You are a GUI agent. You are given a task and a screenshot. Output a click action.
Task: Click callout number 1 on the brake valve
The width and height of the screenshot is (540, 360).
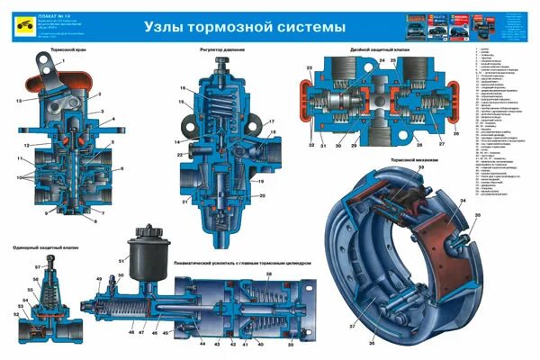click(x=62, y=58)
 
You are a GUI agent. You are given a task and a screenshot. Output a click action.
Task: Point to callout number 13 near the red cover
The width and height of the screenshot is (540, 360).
click(x=17, y=101)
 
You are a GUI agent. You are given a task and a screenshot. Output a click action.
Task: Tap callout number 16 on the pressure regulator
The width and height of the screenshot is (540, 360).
click(x=181, y=88)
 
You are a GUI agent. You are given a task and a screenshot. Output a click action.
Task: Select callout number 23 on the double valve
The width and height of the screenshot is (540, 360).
click(x=309, y=68)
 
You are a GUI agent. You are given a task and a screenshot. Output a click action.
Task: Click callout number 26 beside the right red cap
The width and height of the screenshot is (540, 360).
click(x=456, y=134)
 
